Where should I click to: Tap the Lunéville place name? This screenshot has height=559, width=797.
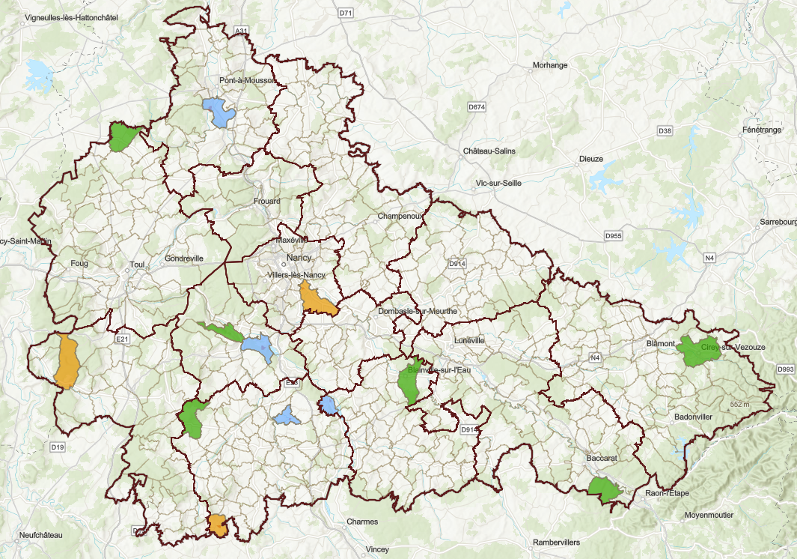point(469,340)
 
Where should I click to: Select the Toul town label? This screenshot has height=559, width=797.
point(137,265)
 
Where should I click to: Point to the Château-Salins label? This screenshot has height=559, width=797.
point(489,151)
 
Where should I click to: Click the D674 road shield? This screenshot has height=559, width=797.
point(477,108)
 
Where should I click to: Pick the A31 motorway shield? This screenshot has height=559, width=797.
point(241,31)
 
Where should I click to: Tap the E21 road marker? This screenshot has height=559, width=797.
point(123,339)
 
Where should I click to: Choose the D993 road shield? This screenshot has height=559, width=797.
point(785,369)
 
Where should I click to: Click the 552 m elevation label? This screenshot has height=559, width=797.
point(739,405)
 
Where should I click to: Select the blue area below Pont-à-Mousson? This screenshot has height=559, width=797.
point(219,112)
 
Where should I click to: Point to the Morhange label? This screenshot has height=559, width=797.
point(550,65)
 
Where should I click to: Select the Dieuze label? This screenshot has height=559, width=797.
point(591,159)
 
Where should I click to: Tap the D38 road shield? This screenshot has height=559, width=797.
point(665,131)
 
